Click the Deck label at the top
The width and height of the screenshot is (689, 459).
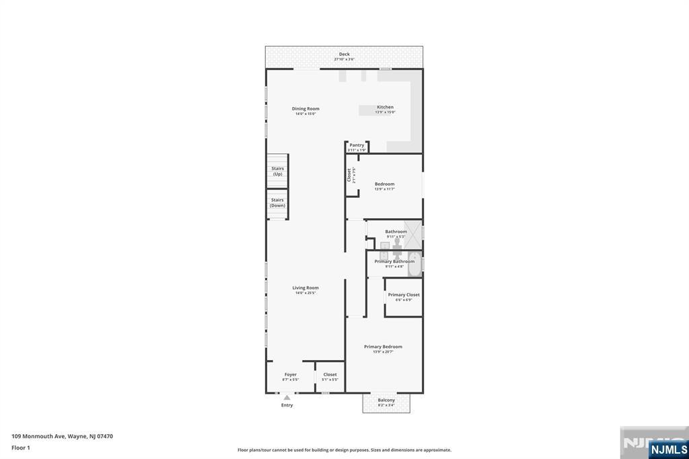coord(344,55)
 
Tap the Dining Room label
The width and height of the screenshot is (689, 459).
coord(305,109)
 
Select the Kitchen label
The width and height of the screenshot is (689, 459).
coord(385,108)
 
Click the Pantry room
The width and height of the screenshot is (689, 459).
coord(357,147)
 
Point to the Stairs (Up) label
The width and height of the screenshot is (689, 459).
coord(277,171)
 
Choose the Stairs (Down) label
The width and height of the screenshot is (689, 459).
coord(277,203)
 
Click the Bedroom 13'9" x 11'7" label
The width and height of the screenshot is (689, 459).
coord(384,184)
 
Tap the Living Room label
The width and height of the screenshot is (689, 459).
coord(305,288)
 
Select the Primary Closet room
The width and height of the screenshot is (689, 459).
coord(404,297)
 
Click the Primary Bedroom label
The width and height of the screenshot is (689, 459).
coord(383,347)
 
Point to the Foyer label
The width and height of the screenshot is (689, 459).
coord(290,375)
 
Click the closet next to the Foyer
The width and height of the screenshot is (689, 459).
coord(330,377)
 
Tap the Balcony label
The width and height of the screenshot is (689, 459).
coord(386,400)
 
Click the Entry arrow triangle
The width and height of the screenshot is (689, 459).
coord(287,398)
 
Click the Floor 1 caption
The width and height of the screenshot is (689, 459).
coord(21,448)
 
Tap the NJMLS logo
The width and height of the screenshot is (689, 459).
coord(667,449)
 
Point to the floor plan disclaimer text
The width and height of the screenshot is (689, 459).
coord(344,450)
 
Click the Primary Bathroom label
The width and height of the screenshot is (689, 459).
coord(395,262)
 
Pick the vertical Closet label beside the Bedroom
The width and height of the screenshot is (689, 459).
coord(349,175)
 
